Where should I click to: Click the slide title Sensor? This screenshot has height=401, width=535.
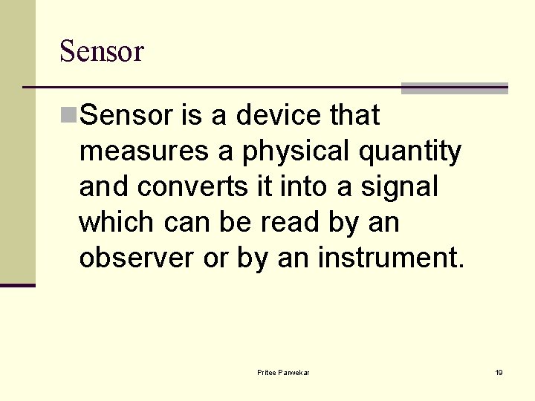tap(101, 51)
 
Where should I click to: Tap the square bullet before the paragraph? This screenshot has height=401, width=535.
tap(68, 115)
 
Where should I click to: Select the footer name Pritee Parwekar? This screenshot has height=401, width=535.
tap(283, 372)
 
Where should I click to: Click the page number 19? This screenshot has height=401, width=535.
tap(499, 372)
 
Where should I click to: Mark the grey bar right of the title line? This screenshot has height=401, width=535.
tap(454, 88)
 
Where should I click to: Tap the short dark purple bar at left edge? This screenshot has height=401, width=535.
tap(17, 285)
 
